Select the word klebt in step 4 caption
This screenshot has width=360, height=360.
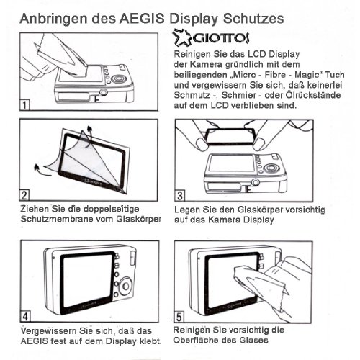click(146, 341)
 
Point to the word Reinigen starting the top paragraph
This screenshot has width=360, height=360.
click(195, 55)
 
